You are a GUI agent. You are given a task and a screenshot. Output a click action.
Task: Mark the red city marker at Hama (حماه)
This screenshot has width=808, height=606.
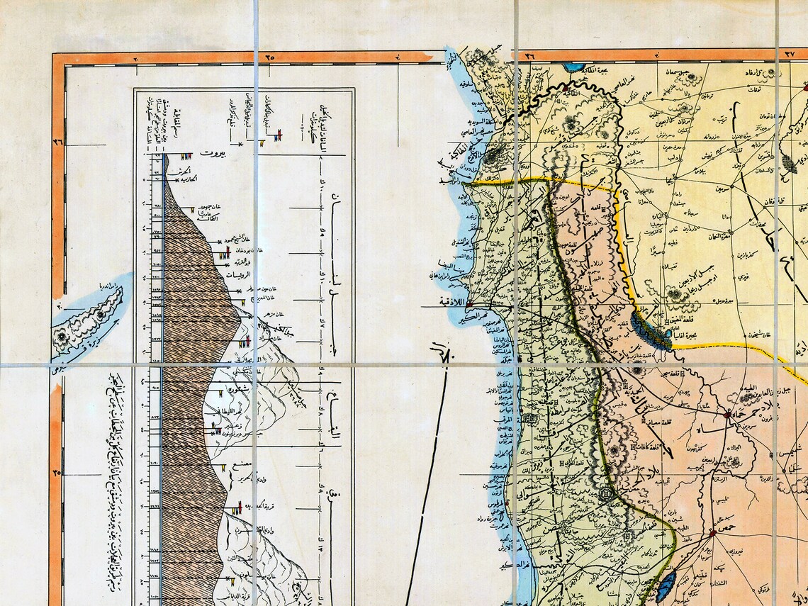pos(728,413)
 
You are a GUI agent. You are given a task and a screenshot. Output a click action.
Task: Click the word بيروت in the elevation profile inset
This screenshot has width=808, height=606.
pos(212,152)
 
